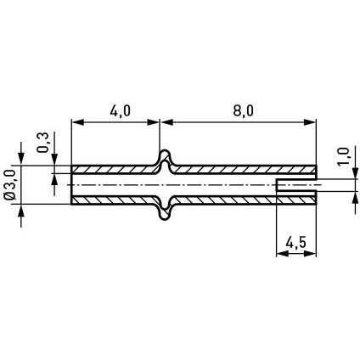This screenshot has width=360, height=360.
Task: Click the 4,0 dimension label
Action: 120,111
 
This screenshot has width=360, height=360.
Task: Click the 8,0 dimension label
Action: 244,111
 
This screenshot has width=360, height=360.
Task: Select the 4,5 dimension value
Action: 296,243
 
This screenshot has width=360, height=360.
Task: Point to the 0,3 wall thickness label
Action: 42,143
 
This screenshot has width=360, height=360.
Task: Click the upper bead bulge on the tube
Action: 165,159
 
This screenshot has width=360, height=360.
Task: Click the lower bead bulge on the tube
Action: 165,211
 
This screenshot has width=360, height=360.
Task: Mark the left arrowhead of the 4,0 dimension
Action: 77,122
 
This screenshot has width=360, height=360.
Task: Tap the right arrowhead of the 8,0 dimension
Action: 309,122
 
